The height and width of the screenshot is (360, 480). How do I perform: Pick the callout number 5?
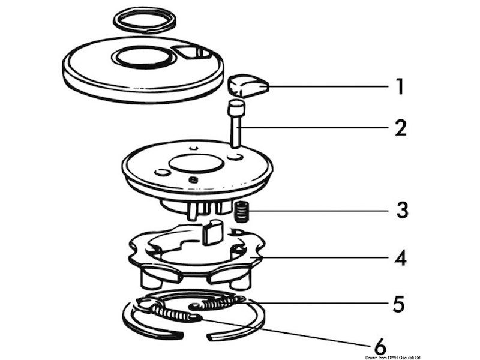(397, 304)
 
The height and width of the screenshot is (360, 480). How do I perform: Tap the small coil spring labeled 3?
(241, 211)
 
